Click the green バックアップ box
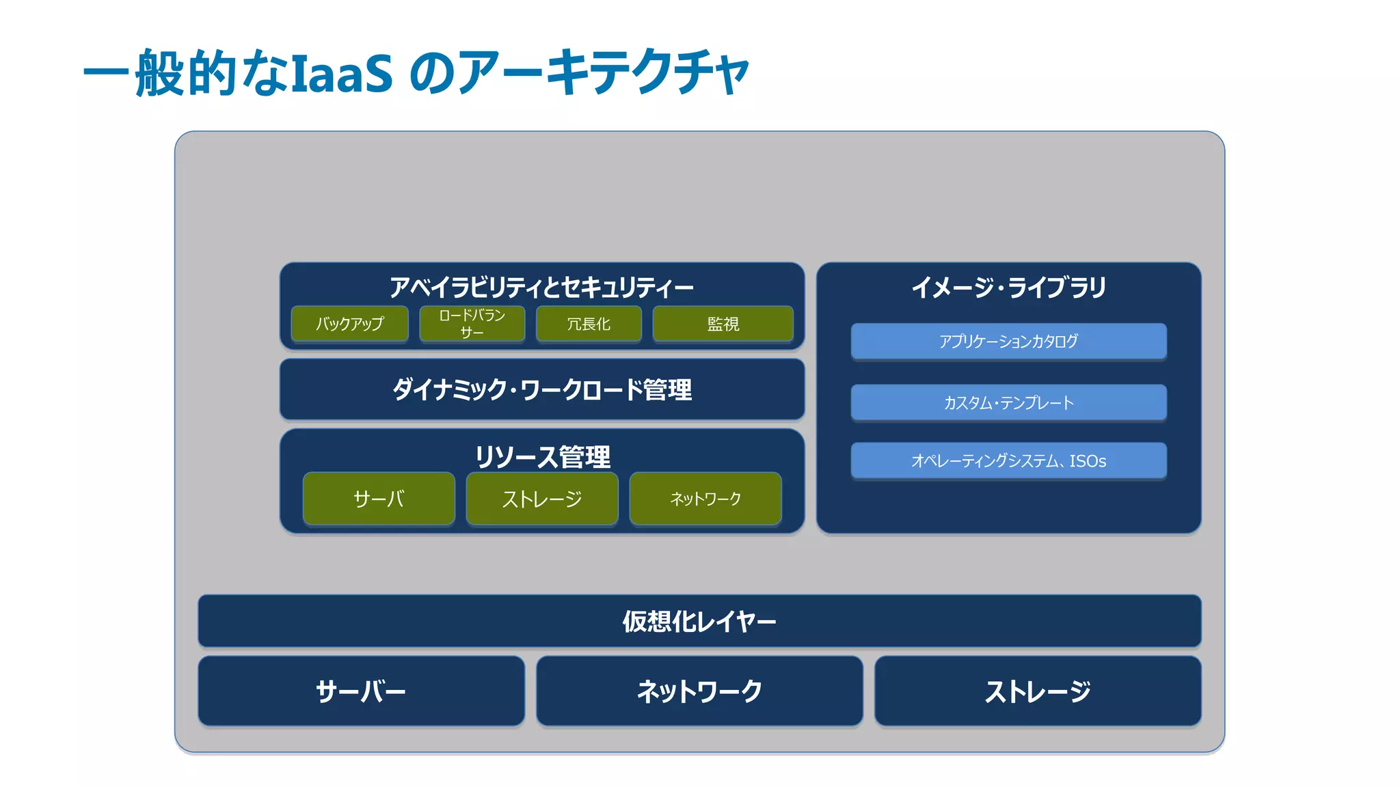[349, 324]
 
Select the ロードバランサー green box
[472, 324]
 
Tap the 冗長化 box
[589, 324]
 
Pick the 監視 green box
[723, 324]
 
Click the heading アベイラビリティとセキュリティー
[541, 287]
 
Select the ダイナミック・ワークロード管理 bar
[541, 389]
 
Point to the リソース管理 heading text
[541, 456]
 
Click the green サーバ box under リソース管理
[379, 499]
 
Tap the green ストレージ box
[541, 499]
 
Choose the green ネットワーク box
[705, 499]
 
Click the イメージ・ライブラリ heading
[1008, 287]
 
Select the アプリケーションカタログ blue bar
[1008, 341]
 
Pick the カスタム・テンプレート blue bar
[1008, 402]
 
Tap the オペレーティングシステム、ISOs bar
[1008, 461]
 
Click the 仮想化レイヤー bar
[699, 621]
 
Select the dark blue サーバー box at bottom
[361, 691]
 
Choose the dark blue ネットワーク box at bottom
[699, 691]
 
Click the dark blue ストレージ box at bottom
[1038, 691]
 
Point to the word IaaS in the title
[342, 73]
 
